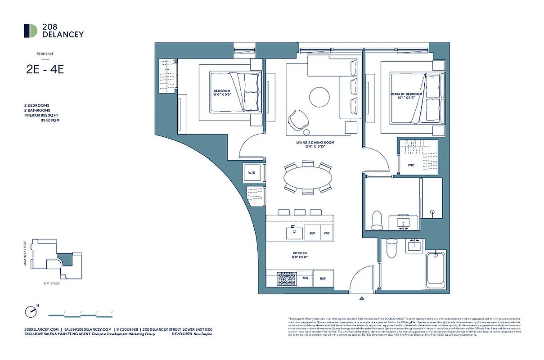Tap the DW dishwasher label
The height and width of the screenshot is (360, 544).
click(311, 233)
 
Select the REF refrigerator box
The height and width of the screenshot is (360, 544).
click(323, 279)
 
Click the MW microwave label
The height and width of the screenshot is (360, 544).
click(305, 279)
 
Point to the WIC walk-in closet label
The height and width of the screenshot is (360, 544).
click(411, 166)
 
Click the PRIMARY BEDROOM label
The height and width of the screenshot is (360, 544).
click(406, 94)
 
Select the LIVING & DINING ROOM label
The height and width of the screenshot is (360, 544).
click(315, 143)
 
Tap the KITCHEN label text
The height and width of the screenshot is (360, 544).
click(299, 253)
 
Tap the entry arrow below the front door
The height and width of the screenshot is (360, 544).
click(362, 298)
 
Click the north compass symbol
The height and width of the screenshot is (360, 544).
click(31, 311)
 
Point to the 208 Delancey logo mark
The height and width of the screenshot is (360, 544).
click(31, 31)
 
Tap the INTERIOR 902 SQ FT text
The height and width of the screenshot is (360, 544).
click(42, 115)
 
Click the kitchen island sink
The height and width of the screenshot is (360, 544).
click(293, 233)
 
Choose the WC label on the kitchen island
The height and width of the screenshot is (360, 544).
click(327, 233)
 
